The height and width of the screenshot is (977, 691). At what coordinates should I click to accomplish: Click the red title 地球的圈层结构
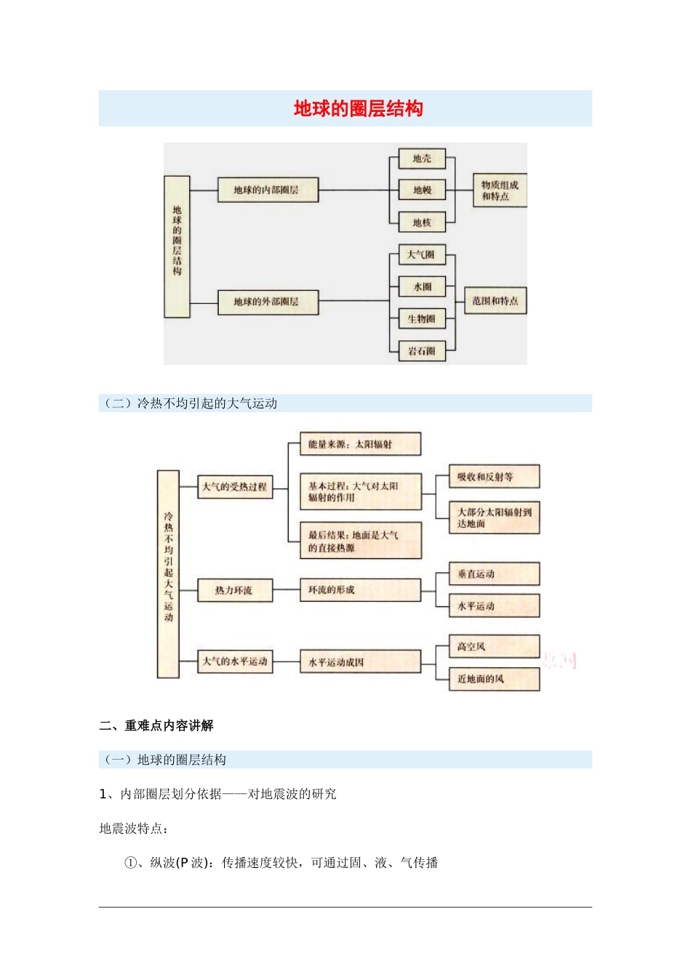[x=358, y=109]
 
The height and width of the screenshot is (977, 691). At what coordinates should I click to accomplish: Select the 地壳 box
[x=422, y=158]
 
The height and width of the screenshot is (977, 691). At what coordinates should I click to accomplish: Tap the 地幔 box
[x=422, y=190]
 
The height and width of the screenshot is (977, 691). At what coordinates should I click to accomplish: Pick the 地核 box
[x=422, y=222]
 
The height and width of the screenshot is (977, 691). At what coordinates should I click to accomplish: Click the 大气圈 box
[x=421, y=255]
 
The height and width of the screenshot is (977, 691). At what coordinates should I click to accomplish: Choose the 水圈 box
[x=422, y=287]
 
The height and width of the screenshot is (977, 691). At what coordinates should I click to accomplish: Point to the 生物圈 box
[x=422, y=319]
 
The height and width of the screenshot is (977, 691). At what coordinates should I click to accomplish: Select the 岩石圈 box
[x=422, y=351]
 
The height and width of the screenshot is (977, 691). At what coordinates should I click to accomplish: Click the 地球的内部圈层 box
[x=268, y=190]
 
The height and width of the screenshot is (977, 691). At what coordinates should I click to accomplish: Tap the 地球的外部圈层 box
[x=268, y=302]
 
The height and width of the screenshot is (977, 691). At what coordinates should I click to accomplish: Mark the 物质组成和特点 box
[x=500, y=190]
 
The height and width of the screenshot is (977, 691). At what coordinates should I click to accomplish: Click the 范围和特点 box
[x=495, y=301]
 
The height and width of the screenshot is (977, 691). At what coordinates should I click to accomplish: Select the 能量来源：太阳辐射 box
[x=360, y=444]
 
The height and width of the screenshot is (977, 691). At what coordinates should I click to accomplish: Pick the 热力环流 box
[x=235, y=590]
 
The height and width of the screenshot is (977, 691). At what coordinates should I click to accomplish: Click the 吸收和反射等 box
[x=495, y=477]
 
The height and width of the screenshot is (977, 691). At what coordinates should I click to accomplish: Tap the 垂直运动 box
[x=495, y=574]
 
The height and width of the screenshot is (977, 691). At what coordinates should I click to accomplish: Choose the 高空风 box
[x=495, y=646]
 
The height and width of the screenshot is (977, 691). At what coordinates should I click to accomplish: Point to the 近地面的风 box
[x=495, y=679]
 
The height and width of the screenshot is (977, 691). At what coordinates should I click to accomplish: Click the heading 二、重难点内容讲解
[x=156, y=725]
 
